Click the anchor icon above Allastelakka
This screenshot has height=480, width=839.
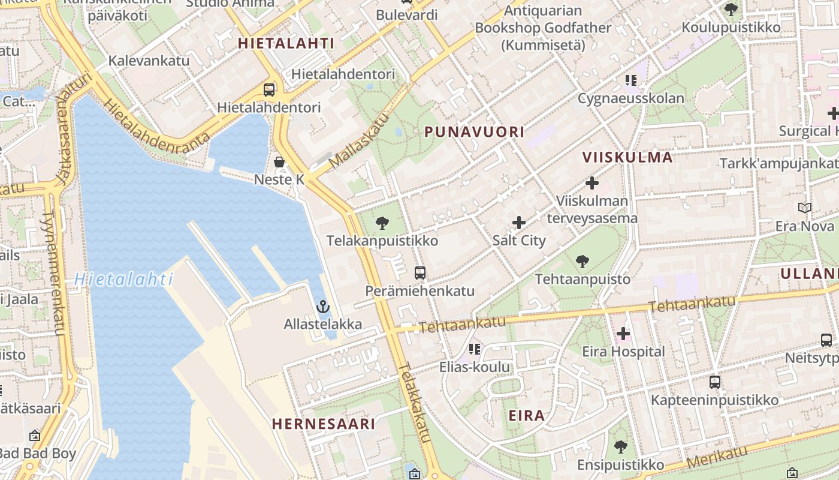(x=323, y=307)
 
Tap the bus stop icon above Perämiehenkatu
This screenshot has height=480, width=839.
(x=420, y=273)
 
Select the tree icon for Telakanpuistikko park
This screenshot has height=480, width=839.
(x=382, y=223)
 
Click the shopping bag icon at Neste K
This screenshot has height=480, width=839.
(x=279, y=161)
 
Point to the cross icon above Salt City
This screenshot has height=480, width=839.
(x=519, y=223)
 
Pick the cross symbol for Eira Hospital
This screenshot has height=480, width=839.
(x=623, y=334)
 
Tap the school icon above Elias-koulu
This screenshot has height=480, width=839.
(x=475, y=349)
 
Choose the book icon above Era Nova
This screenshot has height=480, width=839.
(x=804, y=208)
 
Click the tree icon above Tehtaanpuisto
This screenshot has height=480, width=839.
(x=582, y=261)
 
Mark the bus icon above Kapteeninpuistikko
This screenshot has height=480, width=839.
(x=714, y=382)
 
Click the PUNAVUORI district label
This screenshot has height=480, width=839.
(x=474, y=132)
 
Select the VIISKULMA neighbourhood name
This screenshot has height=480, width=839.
(x=627, y=157)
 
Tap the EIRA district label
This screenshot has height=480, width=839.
(x=527, y=415)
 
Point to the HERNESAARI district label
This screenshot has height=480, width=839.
(x=324, y=424)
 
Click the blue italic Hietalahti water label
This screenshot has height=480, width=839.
(x=124, y=280)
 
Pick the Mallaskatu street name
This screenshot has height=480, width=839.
(x=359, y=142)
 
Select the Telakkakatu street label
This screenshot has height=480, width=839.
(x=415, y=403)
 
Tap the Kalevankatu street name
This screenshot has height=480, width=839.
(x=149, y=61)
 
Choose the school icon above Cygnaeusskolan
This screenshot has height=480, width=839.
(x=630, y=80)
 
